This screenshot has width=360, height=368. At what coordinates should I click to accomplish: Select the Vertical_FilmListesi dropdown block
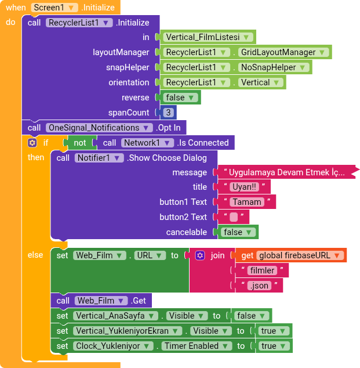point(207,37)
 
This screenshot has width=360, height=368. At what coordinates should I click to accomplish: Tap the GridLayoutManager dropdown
point(283,52)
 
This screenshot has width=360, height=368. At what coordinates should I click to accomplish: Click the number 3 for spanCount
point(168,113)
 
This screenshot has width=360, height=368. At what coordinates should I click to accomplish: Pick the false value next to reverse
point(180,98)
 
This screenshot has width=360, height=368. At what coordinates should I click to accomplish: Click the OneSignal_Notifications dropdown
point(99,128)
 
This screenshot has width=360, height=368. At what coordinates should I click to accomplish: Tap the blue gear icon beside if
point(32,143)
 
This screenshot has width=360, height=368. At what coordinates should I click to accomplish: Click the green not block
point(80,143)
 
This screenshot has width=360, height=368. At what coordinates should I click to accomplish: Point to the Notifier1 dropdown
point(99,158)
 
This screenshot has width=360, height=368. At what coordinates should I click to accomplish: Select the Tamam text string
point(248,202)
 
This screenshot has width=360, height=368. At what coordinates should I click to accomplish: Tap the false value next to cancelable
point(238,232)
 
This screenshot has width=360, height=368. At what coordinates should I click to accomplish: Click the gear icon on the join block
point(200,255)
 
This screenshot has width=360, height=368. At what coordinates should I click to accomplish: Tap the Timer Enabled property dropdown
point(194,346)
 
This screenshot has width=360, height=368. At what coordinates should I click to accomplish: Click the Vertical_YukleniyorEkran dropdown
point(125,331)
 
